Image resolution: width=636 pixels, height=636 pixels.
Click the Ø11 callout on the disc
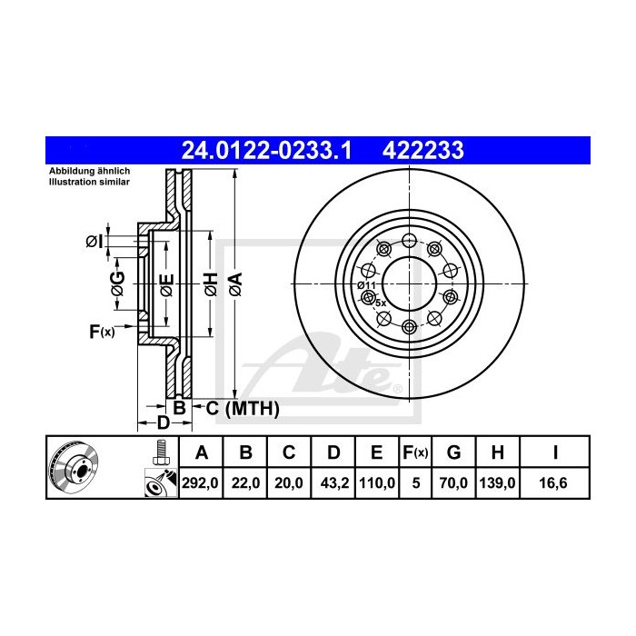[367, 285]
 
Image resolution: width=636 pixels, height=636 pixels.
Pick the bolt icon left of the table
[162, 452]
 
